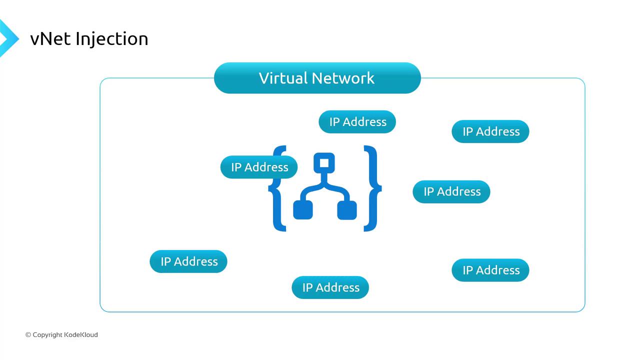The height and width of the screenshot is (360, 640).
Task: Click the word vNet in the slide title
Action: click(x=50, y=39)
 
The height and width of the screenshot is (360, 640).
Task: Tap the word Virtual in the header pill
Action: click(x=282, y=78)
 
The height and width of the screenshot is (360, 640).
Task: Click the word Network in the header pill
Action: click(x=343, y=78)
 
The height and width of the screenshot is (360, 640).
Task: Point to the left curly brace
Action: click(x=276, y=200)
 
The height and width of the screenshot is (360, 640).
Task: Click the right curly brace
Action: click(x=372, y=188)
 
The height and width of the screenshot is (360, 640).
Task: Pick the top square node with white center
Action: click(x=324, y=162)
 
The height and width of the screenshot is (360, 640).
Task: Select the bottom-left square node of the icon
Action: click(x=303, y=210)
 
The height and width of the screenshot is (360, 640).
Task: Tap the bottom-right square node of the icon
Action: click(x=347, y=210)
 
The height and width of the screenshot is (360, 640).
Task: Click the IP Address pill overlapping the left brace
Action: click(x=259, y=167)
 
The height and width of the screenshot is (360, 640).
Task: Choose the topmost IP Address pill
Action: click(x=357, y=122)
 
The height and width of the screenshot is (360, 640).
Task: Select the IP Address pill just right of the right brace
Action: click(x=451, y=191)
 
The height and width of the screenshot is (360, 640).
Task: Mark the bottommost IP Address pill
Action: click(x=330, y=287)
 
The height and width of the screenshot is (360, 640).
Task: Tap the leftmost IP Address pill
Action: click(x=188, y=261)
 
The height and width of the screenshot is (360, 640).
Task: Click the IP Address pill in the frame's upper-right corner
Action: click(x=490, y=131)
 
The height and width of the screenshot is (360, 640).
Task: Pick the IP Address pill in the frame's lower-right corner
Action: click(x=490, y=270)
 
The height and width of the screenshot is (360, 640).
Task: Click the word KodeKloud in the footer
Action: click(x=81, y=335)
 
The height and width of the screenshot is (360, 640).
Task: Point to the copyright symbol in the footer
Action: click(x=28, y=335)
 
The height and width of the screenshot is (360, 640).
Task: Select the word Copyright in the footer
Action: click(x=47, y=335)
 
